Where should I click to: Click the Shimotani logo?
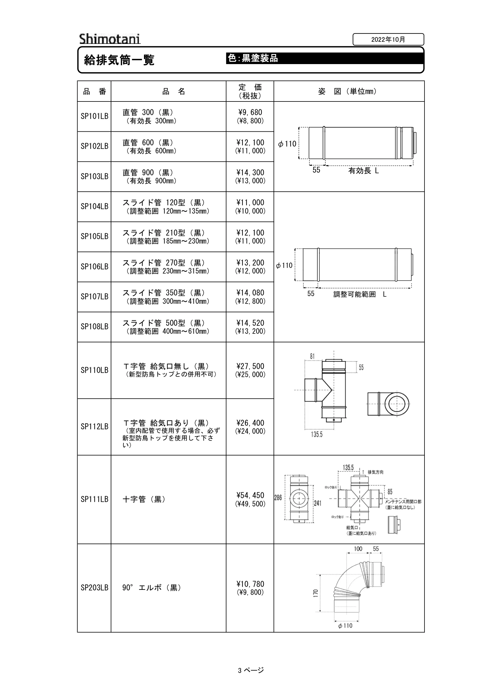110,39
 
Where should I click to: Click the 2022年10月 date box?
388,39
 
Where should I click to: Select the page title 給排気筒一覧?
119,60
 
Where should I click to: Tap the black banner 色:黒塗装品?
325,58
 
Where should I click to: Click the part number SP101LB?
94,116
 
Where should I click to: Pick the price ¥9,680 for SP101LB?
250,112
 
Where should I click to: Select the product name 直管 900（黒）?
148,173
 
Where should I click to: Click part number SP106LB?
94,267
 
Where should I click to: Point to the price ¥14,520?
250,323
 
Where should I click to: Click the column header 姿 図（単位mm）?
347,91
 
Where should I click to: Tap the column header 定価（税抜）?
250,91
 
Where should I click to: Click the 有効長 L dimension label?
363,171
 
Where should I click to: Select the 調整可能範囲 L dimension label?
360,294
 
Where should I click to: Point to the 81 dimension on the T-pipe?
312,356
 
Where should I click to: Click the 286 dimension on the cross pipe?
278,497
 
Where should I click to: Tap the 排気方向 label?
376,472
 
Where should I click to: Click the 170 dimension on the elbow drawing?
316,593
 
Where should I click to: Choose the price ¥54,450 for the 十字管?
250,495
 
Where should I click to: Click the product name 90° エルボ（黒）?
152,587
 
